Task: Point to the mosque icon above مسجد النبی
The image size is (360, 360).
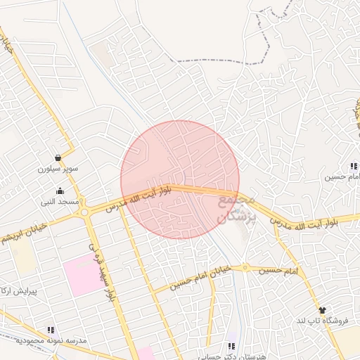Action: [60, 190]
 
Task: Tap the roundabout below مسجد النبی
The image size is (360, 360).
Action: [84, 210]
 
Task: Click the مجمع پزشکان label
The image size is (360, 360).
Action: [233, 210]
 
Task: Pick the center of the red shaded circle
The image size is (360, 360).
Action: [180, 179]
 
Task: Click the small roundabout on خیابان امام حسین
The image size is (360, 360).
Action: [245, 267]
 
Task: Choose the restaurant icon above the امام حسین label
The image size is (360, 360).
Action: [354, 166]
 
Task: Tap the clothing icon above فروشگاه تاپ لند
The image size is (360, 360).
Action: [323, 309]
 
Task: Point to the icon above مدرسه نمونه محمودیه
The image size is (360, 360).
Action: [50, 329]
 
